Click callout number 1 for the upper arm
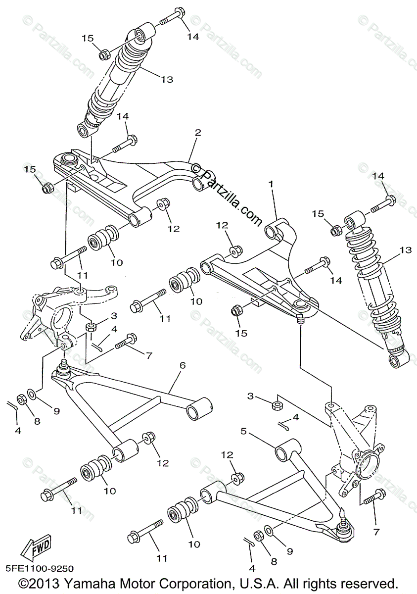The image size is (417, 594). click(271, 184)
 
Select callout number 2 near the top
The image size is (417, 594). click(198, 133)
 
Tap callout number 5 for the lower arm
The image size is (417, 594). click(243, 431)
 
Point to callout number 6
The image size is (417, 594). click(182, 365)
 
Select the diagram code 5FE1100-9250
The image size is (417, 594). click(38, 569)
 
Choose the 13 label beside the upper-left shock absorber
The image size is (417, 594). click(167, 79)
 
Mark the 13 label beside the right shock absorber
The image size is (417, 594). click(405, 250)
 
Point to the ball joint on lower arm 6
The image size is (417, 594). click(63, 367)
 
